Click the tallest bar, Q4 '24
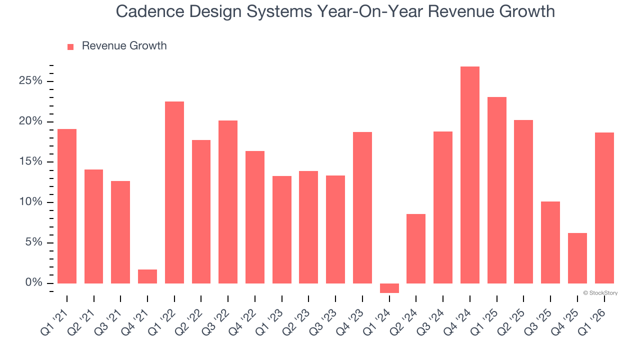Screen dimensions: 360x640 point(470,175)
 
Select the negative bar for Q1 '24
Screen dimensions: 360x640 point(389,288)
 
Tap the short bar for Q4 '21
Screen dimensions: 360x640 point(147,276)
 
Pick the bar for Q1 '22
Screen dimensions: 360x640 point(174,192)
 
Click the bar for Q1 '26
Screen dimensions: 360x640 point(604,208)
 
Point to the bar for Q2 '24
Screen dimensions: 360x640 point(416,248)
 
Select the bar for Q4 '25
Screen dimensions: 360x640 point(577,258)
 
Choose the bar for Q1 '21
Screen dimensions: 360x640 point(67,206)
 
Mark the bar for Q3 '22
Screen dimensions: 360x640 point(228,202)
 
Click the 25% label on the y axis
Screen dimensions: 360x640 point(30,81)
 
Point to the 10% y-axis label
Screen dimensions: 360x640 point(30,202)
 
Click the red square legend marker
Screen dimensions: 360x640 point(70,46)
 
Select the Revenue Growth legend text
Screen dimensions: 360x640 point(124,46)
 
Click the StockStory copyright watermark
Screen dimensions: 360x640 point(600,293)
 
